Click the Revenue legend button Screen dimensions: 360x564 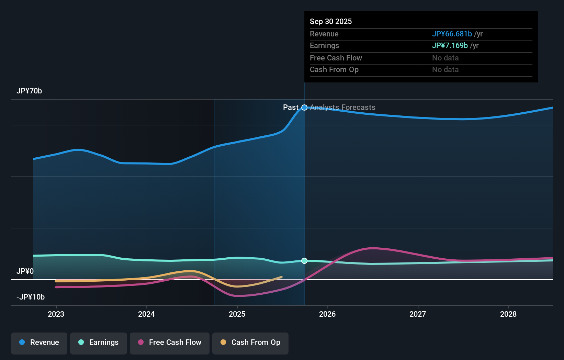39,342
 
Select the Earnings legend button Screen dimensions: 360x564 99,342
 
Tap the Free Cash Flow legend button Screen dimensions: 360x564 170,342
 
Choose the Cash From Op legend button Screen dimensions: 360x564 250,342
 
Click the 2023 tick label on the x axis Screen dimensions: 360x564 56,314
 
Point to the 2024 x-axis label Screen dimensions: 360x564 146,314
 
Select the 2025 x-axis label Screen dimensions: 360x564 237,314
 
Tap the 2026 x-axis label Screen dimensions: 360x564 327,314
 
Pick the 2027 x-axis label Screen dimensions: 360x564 418,314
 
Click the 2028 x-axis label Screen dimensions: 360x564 508,314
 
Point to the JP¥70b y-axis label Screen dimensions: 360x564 29,91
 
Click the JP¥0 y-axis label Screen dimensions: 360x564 25,271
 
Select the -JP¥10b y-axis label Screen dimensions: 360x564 31,297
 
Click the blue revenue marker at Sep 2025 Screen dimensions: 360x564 304,108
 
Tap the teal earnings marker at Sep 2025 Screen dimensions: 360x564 304,261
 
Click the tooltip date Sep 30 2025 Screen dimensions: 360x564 331,21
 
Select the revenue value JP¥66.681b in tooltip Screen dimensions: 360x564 452,34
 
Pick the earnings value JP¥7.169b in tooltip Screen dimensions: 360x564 450,46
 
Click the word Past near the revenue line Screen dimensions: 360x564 291,108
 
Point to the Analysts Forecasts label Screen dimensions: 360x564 342,108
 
